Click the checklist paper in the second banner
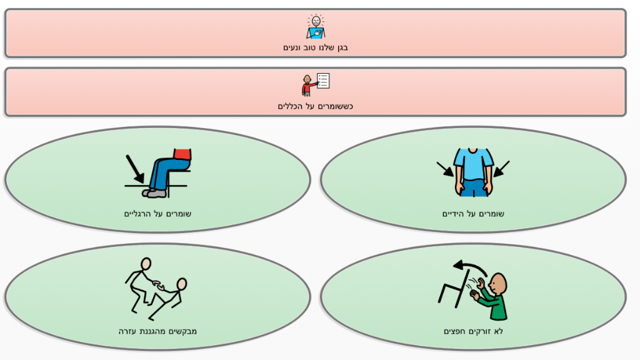(323, 81)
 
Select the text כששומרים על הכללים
(315, 106)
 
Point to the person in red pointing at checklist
(307, 85)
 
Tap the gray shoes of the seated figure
(155, 192)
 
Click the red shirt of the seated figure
(182, 154)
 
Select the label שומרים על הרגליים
(157, 214)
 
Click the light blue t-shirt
(473, 164)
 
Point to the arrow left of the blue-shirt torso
(445, 169)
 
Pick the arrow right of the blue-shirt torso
(501, 169)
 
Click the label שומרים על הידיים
(473, 214)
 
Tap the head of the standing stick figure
(146, 264)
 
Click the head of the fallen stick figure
(181, 284)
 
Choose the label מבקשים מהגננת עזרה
(157, 331)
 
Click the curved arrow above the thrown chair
(469, 268)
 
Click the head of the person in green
(499, 284)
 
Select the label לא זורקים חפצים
(473, 331)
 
